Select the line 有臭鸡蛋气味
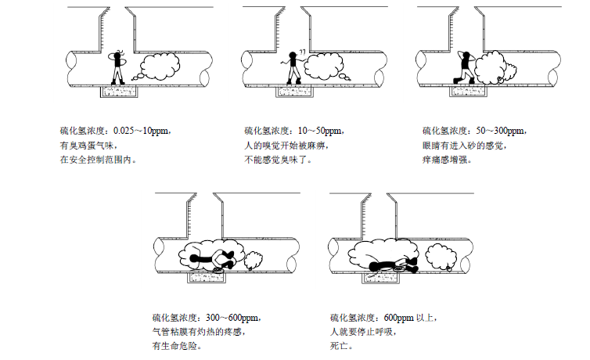coord(87,146)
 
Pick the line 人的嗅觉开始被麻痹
coord(286,146)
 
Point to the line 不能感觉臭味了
coord(278,160)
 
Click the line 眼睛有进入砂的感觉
coord(464,146)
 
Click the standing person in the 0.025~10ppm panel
coord(118,67)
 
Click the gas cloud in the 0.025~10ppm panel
coord(160,68)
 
